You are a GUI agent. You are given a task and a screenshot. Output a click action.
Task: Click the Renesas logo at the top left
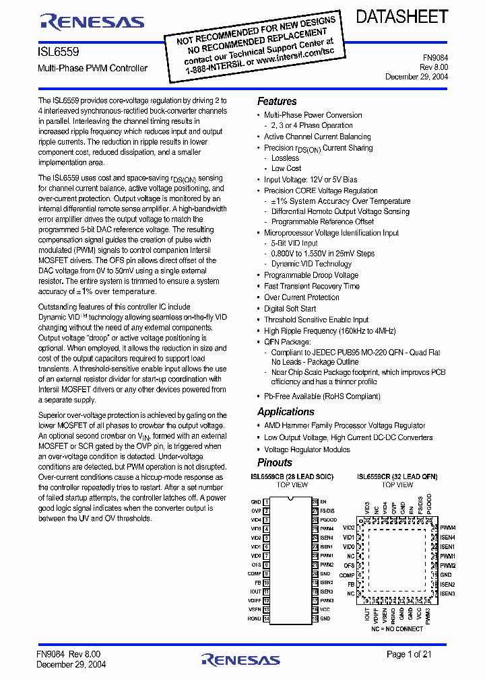(x=92, y=22)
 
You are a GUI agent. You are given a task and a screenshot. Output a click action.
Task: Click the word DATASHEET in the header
(x=401, y=17)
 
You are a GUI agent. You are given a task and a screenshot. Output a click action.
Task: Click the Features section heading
(x=277, y=101)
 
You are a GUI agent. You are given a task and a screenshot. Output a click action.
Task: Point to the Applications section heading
(x=286, y=411)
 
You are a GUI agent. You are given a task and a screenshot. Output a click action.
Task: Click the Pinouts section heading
(x=275, y=462)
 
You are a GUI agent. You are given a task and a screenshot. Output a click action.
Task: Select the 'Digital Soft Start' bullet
(x=290, y=309)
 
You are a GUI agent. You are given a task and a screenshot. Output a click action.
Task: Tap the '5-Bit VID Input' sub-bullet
(x=294, y=243)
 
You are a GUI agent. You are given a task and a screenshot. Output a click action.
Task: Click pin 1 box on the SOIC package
(x=266, y=502)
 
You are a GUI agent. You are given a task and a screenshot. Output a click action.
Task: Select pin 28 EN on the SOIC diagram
(x=315, y=502)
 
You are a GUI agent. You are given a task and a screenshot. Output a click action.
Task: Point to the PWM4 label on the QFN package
(x=448, y=528)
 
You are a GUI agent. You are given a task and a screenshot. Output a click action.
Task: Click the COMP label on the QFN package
(x=347, y=575)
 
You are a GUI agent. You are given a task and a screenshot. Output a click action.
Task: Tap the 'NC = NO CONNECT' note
(x=397, y=629)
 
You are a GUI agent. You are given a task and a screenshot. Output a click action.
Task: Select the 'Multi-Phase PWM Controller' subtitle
(x=93, y=68)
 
